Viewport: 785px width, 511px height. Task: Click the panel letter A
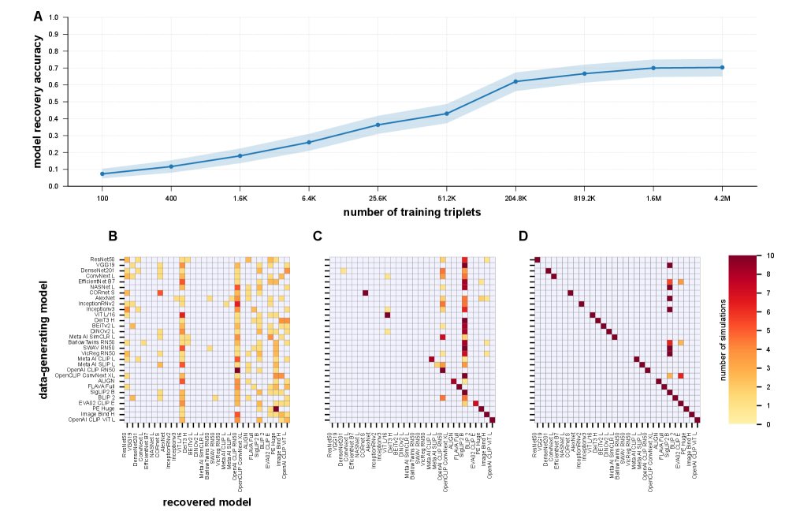(39, 15)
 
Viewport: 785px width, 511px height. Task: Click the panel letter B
(113, 236)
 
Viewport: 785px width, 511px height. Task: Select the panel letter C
(317, 236)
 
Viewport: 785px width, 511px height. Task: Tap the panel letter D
(523, 236)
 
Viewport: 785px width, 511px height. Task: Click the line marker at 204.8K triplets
(515, 81)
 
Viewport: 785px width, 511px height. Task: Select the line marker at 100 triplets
(102, 173)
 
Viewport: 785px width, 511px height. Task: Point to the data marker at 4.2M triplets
(722, 67)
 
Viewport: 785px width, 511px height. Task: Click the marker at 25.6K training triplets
(378, 125)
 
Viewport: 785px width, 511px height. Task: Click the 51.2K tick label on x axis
(446, 199)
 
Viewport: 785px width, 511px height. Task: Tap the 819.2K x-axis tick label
(584, 199)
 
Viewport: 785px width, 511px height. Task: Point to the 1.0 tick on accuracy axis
(53, 17)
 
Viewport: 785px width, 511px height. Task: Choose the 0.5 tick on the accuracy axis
(53, 102)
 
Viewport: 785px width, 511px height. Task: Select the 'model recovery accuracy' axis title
(38, 101)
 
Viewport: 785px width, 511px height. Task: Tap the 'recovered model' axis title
(207, 501)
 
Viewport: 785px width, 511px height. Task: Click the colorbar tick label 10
(747, 256)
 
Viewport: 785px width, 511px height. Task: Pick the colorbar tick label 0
(746, 423)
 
